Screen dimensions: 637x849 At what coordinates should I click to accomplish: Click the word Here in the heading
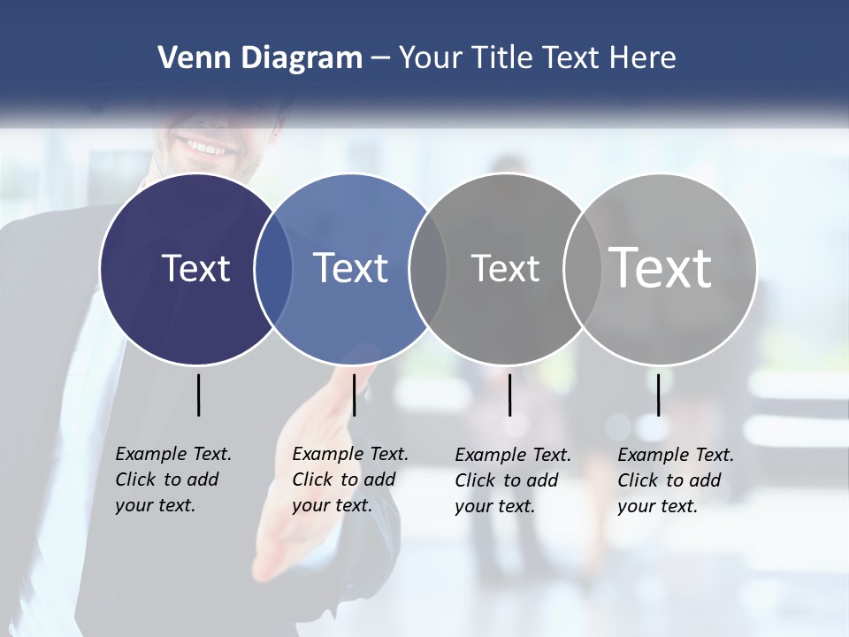(643, 58)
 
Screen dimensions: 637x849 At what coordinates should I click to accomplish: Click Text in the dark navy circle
(195, 268)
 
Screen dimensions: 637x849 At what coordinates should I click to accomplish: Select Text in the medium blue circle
(350, 268)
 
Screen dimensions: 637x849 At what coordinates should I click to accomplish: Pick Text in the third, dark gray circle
(505, 268)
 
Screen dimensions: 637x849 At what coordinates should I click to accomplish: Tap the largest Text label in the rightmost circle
(661, 268)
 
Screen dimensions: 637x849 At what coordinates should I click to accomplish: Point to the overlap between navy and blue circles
(273, 269)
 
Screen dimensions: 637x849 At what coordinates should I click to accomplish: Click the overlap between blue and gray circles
(428, 269)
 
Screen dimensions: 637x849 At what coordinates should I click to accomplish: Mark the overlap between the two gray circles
(583, 269)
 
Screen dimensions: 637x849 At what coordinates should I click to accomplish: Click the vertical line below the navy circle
(198, 395)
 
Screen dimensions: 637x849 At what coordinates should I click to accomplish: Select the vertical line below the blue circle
(354, 395)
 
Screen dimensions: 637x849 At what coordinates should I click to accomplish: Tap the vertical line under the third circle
(509, 395)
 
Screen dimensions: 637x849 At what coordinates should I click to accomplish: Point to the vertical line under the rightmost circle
(658, 395)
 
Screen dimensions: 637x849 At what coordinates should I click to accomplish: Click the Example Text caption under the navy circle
(173, 480)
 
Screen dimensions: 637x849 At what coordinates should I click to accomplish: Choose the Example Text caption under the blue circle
(350, 480)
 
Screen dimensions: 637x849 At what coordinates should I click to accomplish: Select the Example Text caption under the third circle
(513, 480)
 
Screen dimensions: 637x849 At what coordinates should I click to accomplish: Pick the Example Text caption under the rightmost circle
(676, 480)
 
